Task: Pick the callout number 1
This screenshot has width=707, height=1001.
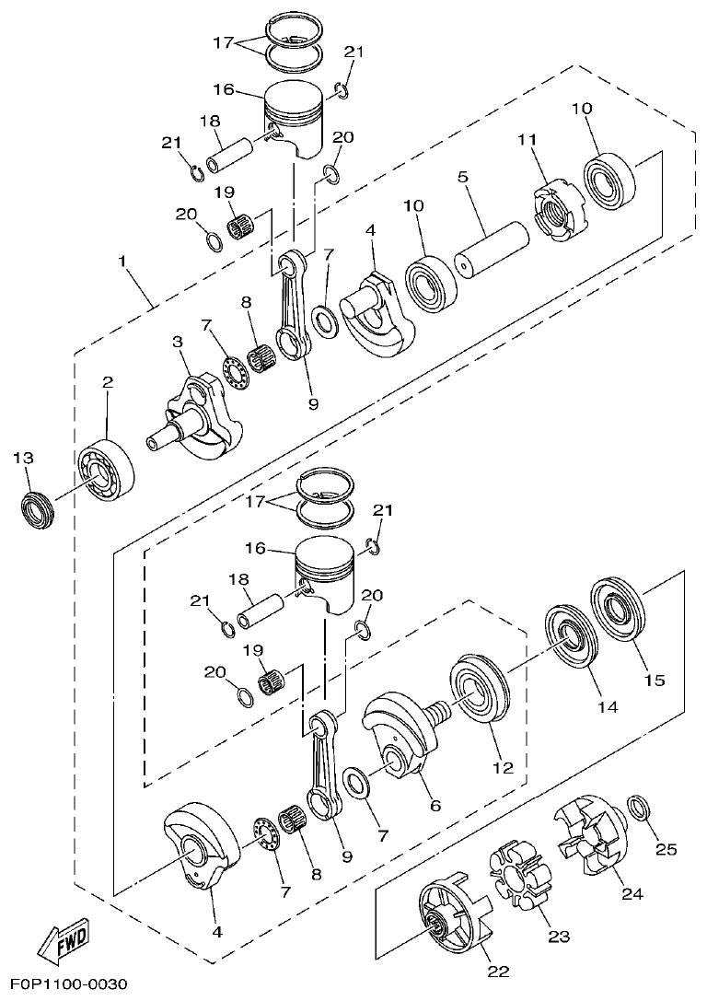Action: [122, 262]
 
